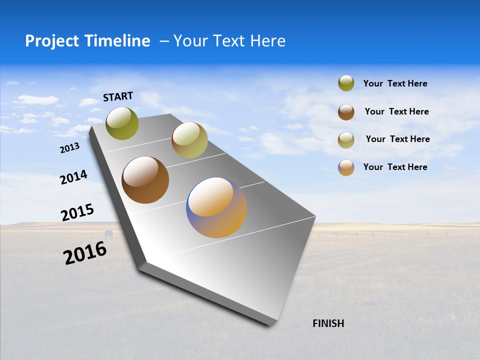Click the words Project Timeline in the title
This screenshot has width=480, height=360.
[87, 41]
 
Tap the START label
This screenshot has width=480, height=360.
[118, 96]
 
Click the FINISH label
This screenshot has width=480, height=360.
[328, 323]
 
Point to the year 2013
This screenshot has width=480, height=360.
[69, 148]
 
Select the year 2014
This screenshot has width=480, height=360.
[73, 177]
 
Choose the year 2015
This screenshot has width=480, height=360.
[77, 212]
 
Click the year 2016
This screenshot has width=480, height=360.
[85, 253]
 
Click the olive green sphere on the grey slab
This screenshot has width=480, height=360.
[122, 123]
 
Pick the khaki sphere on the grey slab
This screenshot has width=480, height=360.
[189, 139]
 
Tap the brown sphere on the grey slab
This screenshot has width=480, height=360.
[145, 180]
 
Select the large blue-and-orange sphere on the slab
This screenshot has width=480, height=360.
[216, 207]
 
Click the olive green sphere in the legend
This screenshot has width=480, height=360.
[346, 83]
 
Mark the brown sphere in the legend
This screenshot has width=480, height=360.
[346, 112]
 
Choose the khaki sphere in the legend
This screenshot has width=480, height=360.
[346, 140]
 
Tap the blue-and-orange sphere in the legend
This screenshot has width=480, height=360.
[346, 167]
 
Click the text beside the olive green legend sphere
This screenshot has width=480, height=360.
[395, 83]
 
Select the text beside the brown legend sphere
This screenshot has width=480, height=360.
[396, 111]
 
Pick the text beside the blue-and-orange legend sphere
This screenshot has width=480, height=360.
[395, 167]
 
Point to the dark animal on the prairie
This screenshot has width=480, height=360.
[108, 234]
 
